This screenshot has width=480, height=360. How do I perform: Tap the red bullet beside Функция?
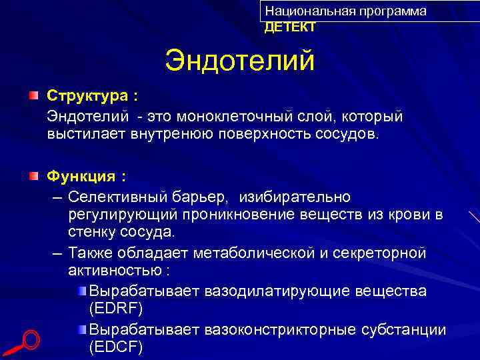click(33, 177)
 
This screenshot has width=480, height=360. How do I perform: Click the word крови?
click(408, 215)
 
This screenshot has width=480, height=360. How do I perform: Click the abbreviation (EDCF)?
click(115, 347)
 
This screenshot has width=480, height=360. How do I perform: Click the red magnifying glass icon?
click(25, 342)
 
